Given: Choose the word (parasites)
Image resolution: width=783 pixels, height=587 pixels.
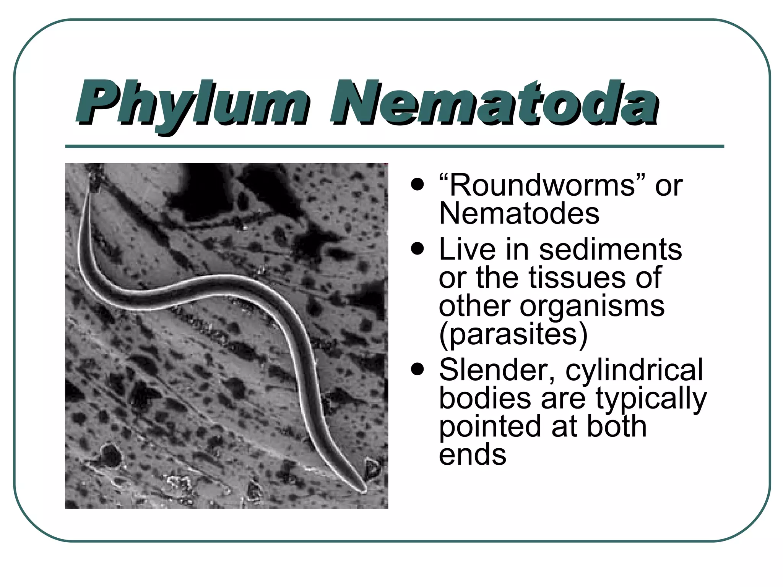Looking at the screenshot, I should click(x=513, y=334).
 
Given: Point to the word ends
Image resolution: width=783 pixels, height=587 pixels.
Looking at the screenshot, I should click(x=473, y=455).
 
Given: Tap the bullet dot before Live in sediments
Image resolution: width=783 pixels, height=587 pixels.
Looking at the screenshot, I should click(x=417, y=249).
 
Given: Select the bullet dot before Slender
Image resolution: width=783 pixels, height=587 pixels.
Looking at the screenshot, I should click(x=417, y=370).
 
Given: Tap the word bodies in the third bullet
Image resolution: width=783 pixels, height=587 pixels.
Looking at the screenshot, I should click(x=485, y=398).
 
